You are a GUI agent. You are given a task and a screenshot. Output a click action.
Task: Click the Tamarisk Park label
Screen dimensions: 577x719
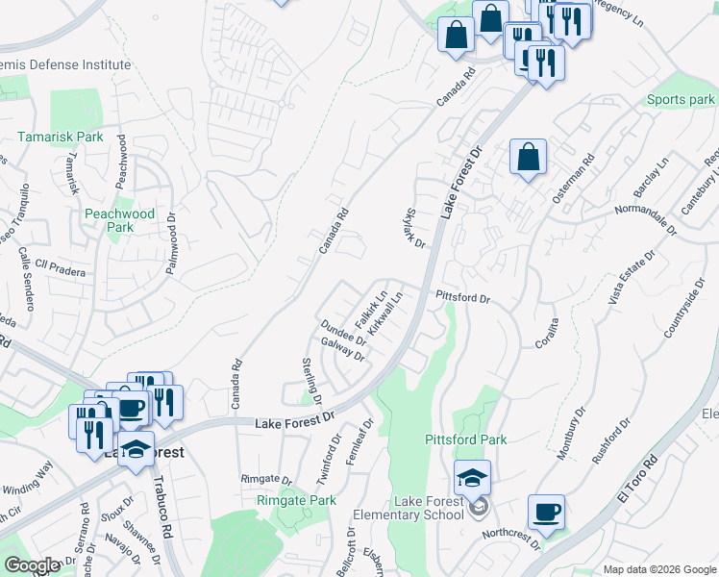click(60, 138)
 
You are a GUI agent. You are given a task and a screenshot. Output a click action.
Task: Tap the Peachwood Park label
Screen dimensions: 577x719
click(119, 220)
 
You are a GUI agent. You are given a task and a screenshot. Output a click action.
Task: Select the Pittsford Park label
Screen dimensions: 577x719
click(466, 439)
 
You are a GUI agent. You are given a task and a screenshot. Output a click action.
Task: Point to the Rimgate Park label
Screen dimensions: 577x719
click(297, 500)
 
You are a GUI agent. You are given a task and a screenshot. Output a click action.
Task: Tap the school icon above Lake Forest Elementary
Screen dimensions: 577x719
click(473, 478)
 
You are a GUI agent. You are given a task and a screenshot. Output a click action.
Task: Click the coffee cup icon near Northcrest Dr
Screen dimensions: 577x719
click(546, 511)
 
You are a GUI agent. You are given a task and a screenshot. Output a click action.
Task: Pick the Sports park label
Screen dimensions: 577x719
click(681, 100)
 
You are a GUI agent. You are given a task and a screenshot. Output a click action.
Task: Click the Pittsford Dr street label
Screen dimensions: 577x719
click(463, 298)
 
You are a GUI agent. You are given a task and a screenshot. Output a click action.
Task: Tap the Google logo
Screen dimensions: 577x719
click(32, 565)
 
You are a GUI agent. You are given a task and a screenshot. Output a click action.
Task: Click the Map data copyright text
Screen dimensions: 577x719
click(658, 569)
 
